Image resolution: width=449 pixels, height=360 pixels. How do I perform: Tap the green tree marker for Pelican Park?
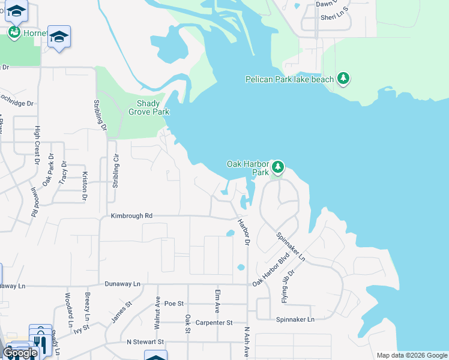click(x=343, y=78)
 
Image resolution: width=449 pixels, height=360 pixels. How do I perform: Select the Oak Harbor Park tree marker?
click(x=277, y=166)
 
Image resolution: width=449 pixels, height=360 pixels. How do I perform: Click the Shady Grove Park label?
click(x=149, y=107)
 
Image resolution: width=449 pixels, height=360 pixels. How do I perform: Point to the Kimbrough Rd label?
click(x=131, y=215)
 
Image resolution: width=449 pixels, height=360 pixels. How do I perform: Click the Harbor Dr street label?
click(x=243, y=231)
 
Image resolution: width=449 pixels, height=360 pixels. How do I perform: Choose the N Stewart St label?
click(x=145, y=342)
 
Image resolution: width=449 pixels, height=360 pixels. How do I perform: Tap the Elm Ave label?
click(x=218, y=301)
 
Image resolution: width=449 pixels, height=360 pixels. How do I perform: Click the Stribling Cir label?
click(x=116, y=171)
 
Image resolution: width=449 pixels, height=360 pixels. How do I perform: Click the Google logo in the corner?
click(x=20, y=353)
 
